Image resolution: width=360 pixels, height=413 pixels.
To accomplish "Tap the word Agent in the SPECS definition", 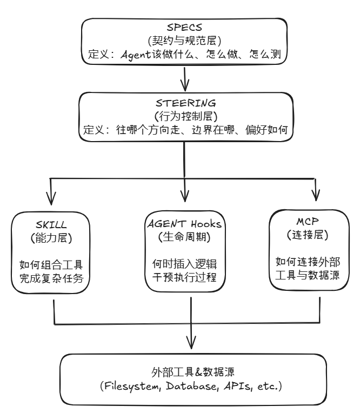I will click(x=139, y=54).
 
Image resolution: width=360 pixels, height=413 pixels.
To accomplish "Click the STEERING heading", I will click(x=186, y=103).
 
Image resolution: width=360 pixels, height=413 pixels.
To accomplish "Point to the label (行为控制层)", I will click(x=186, y=117).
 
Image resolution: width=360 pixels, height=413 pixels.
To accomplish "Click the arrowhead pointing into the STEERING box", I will click(x=186, y=86).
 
